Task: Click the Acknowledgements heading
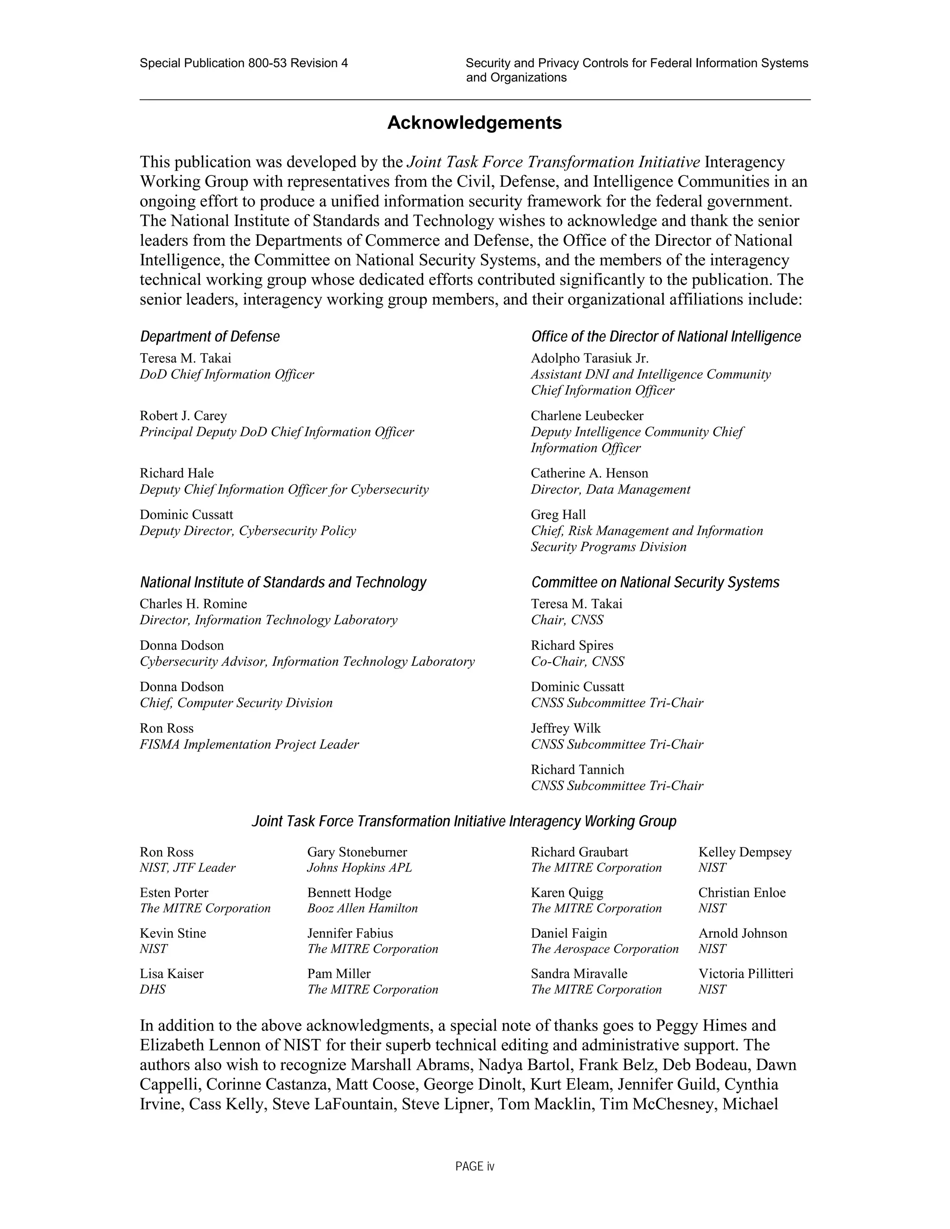pos(474,123)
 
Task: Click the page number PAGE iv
pos(475,1166)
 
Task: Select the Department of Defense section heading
pos(209,337)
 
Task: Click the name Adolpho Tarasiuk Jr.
pos(589,358)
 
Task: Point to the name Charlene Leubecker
pos(586,416)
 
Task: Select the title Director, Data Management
pos(610,490)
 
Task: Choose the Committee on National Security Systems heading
pos(655,582)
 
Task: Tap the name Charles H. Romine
pos(193,604)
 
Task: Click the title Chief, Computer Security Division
pos(236,703)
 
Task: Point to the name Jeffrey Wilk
pos(565,728)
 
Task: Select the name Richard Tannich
pos(577,770)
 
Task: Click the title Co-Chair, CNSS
pos(577,662)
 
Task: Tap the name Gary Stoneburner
pos(357,852)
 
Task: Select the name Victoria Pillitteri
pos(745,973)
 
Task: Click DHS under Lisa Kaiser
pos(153,989)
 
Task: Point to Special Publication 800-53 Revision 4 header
pos(244,63)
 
